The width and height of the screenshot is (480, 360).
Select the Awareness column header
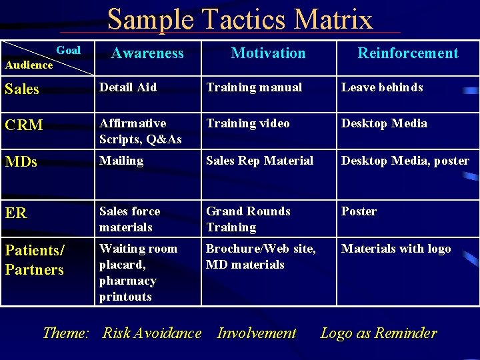click(147, 53)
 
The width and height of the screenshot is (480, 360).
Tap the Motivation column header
click(268, 53)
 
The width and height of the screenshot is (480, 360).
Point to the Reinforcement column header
click(408, 53)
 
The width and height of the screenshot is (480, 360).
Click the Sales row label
click(22, 89)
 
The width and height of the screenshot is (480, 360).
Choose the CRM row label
click(24, 125)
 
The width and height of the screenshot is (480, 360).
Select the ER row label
click(16, 213)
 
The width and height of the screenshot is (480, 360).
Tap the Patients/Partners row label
click(35, 260)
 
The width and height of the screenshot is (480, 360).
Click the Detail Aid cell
click(128, 87)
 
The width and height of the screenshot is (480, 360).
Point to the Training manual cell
click(254, 87)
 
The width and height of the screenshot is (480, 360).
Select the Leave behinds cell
click(382, 87)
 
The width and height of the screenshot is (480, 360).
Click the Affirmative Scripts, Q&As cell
click(141, 131)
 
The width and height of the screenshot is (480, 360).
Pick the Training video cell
click(248, 123)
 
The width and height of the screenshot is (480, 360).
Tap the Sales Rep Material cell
click(259, 161)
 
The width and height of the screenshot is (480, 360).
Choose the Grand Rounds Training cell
click(248, 219)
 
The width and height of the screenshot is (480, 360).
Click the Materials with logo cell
click(396, 249)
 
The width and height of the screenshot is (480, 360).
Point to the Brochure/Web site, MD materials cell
click(261, 257)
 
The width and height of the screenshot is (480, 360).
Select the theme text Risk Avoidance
click(151, 333)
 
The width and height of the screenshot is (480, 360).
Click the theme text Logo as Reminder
click(379, 333)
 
